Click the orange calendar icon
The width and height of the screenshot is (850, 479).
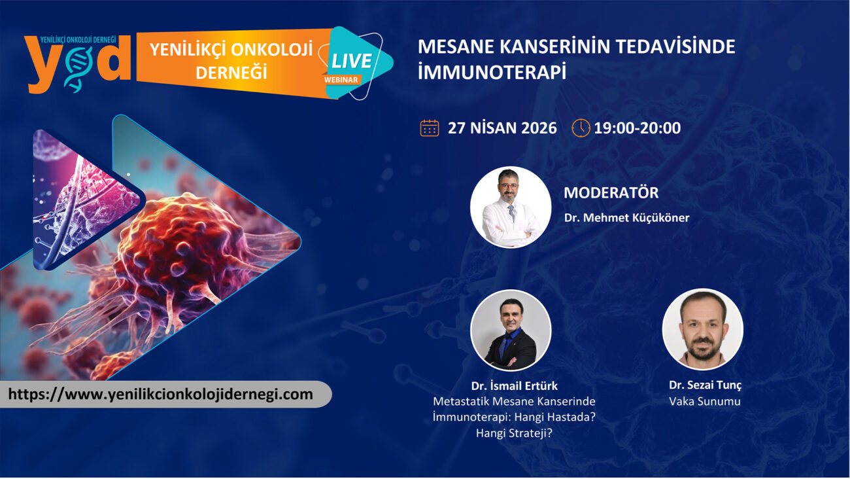tap(430, 128)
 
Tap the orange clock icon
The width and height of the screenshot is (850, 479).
tap(581, 128)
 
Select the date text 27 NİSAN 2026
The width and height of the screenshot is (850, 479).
tap(502, 128)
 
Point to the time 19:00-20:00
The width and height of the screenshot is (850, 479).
tap(637, 128)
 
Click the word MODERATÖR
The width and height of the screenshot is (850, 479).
tap(611, 192)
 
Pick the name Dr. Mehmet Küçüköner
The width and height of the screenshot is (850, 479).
tap(626, 218)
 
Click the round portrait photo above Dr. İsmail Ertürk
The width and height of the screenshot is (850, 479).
tap(511, 330)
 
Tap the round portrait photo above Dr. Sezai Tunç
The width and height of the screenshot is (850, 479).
tap(703, 329)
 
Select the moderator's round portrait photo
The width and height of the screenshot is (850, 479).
tap(511, 207)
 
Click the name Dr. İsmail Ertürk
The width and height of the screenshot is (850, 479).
tap(514, 386)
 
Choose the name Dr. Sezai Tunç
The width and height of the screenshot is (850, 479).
tap(705, 385)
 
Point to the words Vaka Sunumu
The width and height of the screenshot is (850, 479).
tap(705, 402)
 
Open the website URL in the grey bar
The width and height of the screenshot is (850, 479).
tap(160, 395)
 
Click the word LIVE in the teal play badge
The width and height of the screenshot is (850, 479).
tap(351, 61)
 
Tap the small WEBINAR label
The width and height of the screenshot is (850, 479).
tap(341, 80)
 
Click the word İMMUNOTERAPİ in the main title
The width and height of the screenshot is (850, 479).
tap(492, 72)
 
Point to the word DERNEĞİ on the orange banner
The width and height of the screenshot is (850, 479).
tap(231, 72)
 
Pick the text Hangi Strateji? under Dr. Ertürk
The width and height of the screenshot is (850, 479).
tap(514, 433)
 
